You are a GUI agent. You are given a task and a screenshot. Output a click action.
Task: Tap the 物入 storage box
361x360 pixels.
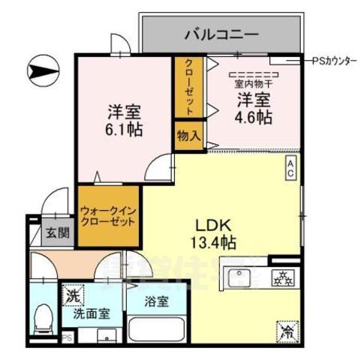pos(188,136)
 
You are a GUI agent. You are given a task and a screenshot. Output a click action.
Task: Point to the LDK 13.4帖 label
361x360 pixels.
pos(217,232)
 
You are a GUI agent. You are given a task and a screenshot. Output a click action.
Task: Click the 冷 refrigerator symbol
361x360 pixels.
pos(287,328)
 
